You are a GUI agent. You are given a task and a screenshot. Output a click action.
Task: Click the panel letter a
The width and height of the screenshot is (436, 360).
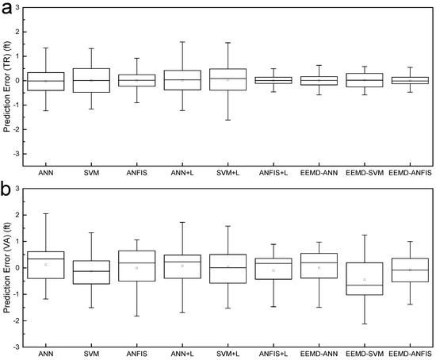(8, 9)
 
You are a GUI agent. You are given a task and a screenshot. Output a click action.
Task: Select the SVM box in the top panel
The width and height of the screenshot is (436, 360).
(91, 80)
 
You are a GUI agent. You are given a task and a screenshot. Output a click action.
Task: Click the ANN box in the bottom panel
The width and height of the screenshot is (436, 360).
(45, 265)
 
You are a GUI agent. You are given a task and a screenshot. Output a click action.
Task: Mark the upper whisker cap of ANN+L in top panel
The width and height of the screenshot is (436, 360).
(182, 42)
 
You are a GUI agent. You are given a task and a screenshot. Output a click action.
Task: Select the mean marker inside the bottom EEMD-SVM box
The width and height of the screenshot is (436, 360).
(363, 279)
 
